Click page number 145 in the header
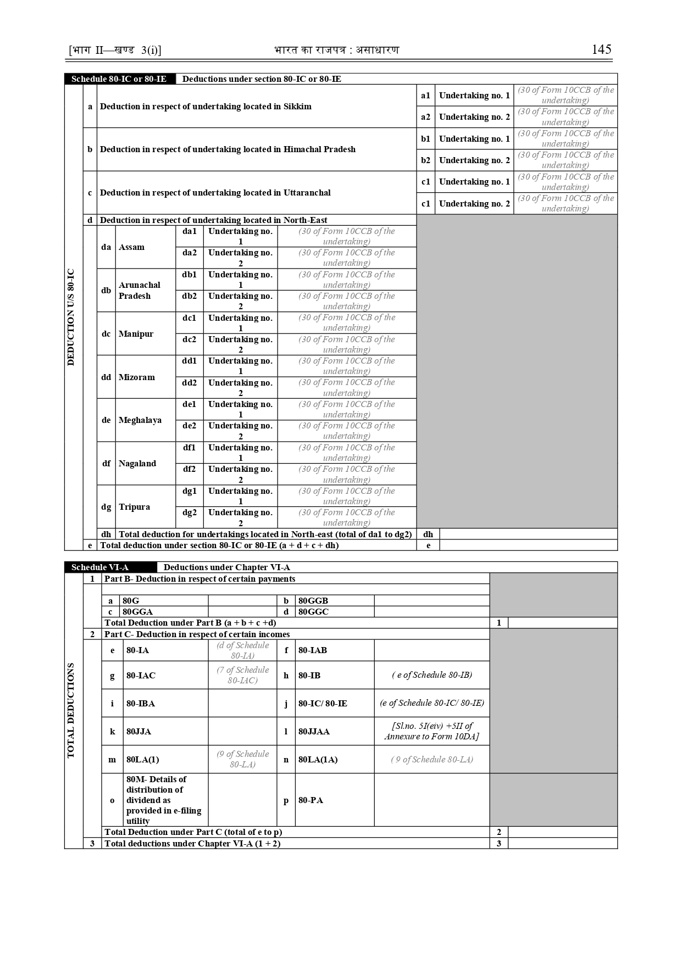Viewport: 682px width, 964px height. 601,49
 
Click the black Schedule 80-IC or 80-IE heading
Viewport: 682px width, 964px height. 119,79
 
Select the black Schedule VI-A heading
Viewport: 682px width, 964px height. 100,567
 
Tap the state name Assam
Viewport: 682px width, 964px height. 131,247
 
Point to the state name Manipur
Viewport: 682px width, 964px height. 136,334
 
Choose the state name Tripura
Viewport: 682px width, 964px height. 134,507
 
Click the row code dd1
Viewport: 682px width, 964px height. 189,361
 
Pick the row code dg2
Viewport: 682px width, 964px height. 189,512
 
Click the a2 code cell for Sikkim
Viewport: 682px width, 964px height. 425,117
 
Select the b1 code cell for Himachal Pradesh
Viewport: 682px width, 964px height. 425,139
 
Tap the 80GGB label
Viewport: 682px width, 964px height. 313,601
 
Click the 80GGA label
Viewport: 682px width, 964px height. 137,612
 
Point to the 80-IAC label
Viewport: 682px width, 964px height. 141,676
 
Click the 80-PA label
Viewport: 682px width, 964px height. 310,800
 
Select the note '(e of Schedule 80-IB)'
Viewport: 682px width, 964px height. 431,675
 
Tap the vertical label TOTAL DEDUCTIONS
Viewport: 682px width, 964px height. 71,711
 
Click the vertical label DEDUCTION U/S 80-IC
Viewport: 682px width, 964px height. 71,317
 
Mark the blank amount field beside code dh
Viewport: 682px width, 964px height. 528,534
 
